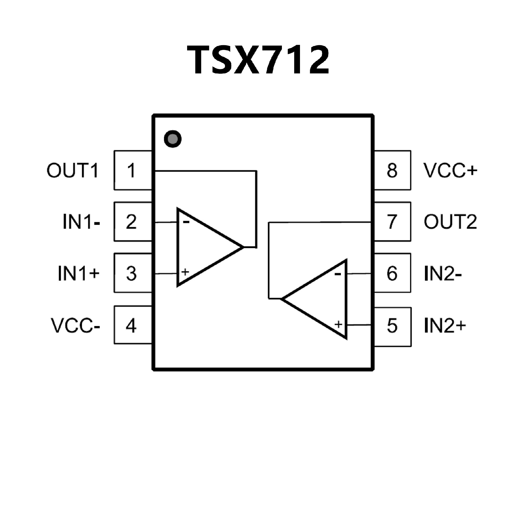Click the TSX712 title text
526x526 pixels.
coord(258,60)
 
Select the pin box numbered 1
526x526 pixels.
coord(133,170)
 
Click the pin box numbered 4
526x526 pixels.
coord(133,325)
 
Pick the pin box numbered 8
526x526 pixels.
coord(392,170)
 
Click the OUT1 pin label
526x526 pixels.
coord(72,170)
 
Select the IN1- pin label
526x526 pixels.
coord(81,222)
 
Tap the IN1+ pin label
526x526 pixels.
coord(78,273)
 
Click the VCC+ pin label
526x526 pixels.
coord(450,170)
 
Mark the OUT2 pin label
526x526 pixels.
coord(450,222)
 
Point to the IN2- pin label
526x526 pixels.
coord(443,273)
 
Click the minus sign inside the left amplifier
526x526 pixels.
coord(186,222)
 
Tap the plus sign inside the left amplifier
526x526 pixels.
coord(185,272)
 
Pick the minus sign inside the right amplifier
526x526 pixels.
coord(338,273)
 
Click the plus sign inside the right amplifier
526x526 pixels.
coord(339,324)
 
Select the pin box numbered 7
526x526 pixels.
coord(392,222)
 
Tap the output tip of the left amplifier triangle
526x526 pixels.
coord(243,247)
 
